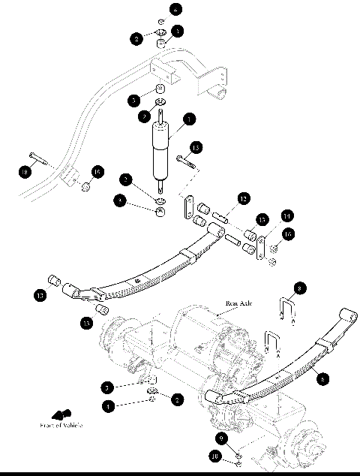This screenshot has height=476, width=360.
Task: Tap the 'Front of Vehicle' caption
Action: tap(61, 425)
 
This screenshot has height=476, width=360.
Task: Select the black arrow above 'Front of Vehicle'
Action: tap(58, 414)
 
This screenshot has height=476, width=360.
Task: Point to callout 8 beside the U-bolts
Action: tap(300, 287)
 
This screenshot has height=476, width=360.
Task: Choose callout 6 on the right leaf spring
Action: tap(322, 379)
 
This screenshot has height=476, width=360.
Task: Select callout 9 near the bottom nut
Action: tap(220, 437)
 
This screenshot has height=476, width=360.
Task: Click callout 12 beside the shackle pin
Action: tap(243, 198)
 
